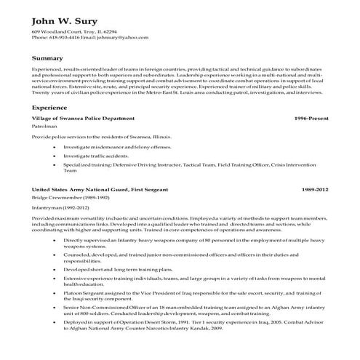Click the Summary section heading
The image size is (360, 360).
click(48, 57)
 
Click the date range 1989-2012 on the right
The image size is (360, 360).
click(313, 188)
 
